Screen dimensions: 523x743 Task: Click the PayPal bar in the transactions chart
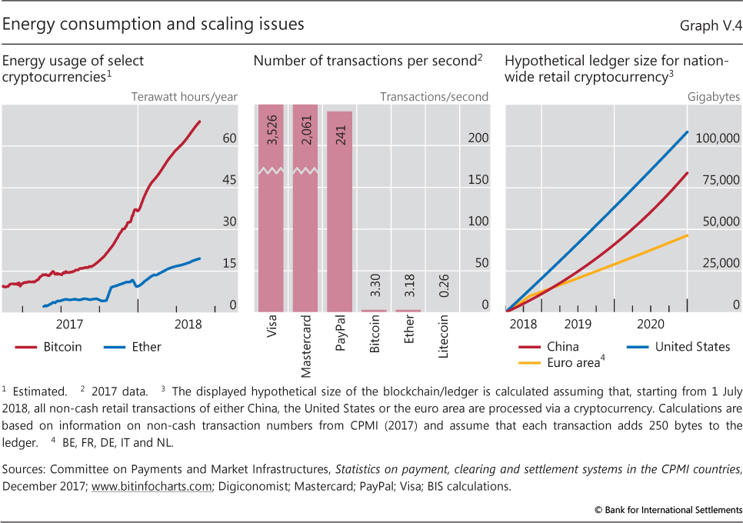pyautogui.click(x=339, y=212)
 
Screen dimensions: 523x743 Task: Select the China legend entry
pyautogui.click(x=561, y=347)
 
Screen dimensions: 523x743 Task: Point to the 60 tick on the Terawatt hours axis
pyautogui.click(x=229, y=139)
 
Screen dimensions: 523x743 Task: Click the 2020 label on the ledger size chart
pyautogui.click(x=651, y=324)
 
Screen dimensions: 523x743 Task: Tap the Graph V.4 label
pyautogui.click(x=711, y=25)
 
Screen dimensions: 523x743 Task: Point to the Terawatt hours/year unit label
pyautogui.click(x=185, y=97)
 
